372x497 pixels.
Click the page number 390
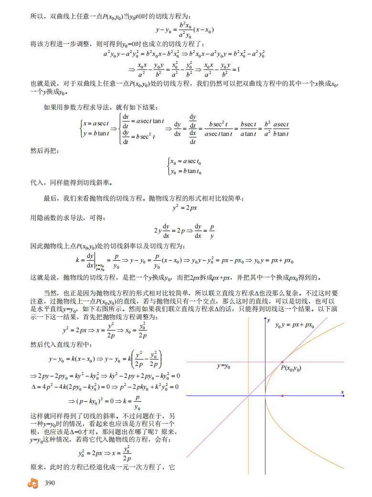tap(50, 483)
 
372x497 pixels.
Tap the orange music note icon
tap(32, 483)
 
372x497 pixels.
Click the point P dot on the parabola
tap(282, 362)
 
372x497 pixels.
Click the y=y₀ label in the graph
tap(223, 366)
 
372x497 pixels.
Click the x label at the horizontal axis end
tap(342, 392)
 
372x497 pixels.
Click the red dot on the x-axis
tap(282, 396)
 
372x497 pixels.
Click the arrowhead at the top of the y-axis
tap(265, 318)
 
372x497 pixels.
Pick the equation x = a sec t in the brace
tap(96, 124)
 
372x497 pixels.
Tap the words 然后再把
tap(43, 151)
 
